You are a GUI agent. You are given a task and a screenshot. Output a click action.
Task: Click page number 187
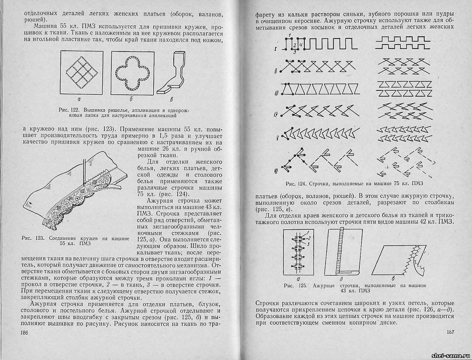[451, 332]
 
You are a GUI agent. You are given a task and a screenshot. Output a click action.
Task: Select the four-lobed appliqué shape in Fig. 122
[133, 72]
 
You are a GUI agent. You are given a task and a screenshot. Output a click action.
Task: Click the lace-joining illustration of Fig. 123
[76, 192]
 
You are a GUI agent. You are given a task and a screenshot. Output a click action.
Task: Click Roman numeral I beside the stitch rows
[277, 49]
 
